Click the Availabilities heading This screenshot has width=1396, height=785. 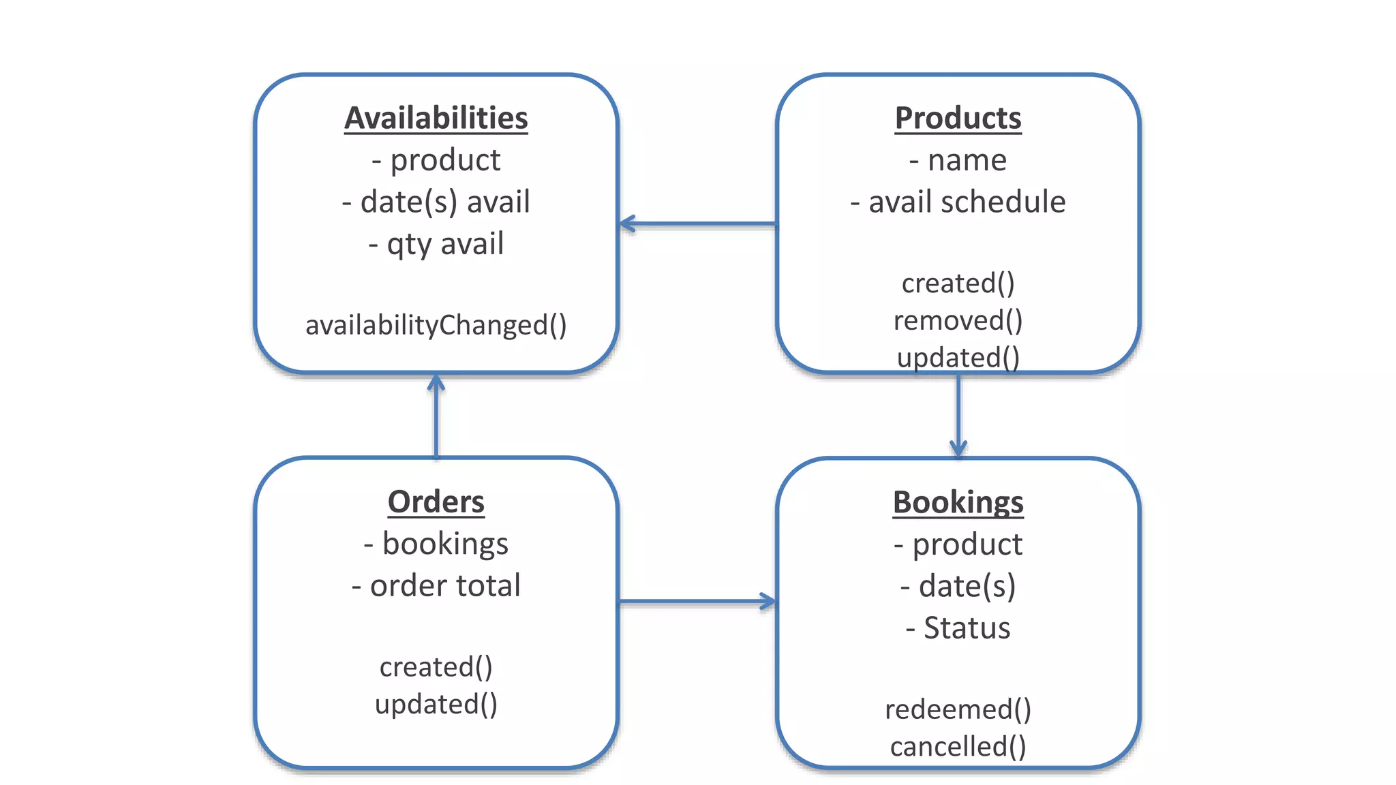[436, 118]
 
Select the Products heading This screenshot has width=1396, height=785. [958, 118]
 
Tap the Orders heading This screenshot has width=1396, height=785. [436, 502]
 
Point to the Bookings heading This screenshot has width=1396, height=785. [958, 503]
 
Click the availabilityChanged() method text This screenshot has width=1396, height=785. [436, 325]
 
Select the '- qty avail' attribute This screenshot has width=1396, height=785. [436, 244]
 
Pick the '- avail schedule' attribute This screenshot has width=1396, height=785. [958, 202]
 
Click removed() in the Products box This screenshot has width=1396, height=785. [958, 320]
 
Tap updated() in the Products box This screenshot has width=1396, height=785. [958, 357]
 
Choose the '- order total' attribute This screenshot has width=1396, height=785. [436, 586]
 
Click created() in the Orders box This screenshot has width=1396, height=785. [436, 667]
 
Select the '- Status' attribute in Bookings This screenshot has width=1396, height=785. [958, 628]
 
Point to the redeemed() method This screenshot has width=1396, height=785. [958, 710]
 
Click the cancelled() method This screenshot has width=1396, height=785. [958, 747]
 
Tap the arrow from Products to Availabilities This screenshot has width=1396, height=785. [697, 224]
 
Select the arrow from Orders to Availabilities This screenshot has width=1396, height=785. [436, 416]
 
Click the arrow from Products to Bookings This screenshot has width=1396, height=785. [958, 416]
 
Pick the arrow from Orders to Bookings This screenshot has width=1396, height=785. [697, 602]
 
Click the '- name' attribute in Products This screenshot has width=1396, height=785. [958, 160]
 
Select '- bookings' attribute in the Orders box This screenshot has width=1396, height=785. [436, 544]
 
